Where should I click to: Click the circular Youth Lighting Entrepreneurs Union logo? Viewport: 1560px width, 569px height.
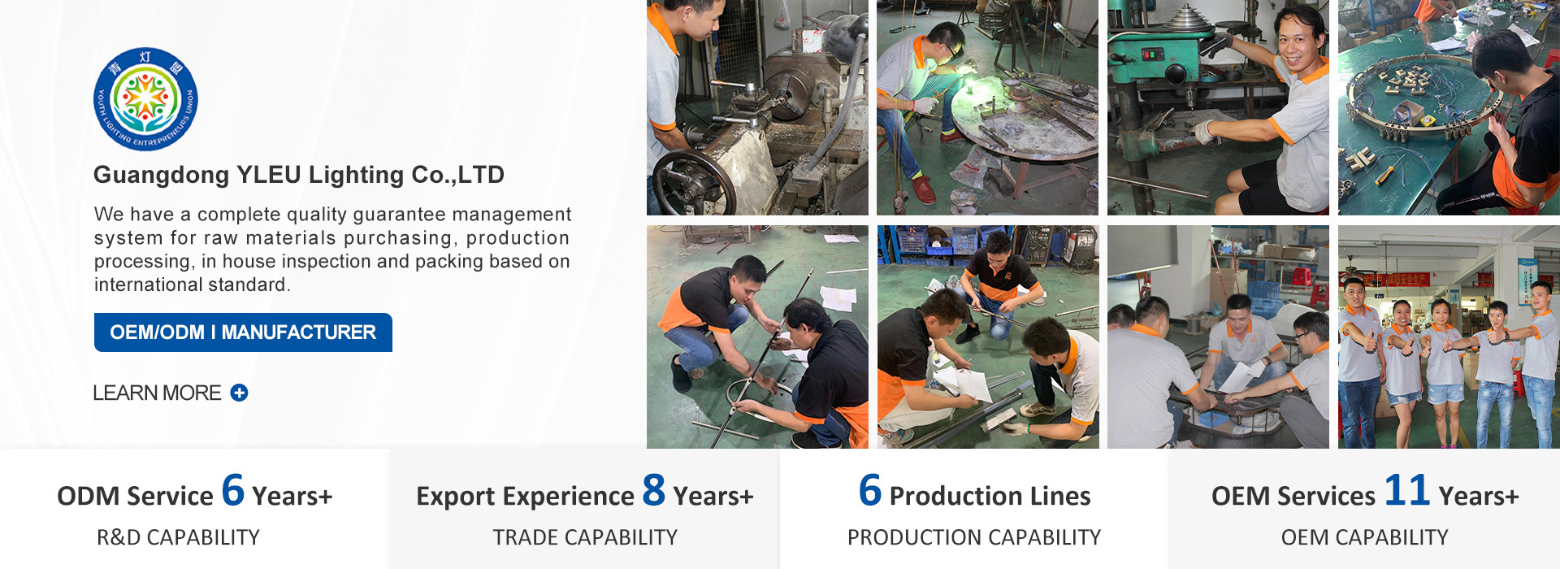click(145, 99)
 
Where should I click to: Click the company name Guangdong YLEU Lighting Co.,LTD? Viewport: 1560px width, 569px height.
click(299, 175)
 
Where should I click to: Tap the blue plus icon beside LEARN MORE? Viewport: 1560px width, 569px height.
click(239, 393)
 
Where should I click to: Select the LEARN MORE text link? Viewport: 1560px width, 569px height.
click(157, 393)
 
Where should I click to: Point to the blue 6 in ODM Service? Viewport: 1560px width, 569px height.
click(233, 490)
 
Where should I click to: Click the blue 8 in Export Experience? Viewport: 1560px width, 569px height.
click(654, 490)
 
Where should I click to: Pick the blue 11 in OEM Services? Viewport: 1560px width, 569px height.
click(1407, 490)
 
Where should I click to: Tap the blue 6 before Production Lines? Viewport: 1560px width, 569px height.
click(870, 490)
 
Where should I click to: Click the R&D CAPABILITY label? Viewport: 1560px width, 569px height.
click(178, 537)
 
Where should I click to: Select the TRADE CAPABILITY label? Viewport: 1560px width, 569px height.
click(585, 537)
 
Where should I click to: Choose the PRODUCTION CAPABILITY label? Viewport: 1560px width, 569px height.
click(974, 537)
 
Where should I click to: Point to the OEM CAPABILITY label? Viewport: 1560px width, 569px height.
click(1365, 537)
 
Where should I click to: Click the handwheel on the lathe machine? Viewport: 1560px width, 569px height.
click(694, 183)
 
